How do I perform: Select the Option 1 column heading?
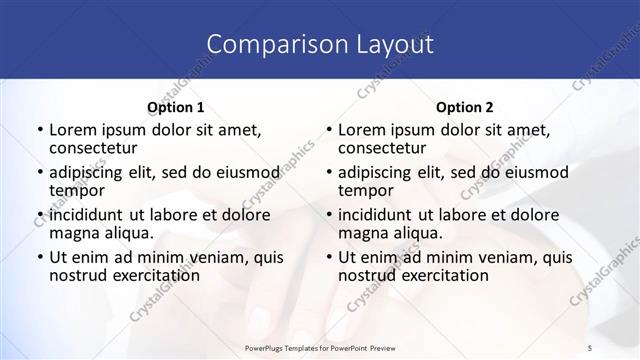coord(175,107)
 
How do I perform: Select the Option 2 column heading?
coord(465,107)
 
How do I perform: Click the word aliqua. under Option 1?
coord(127,233)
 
